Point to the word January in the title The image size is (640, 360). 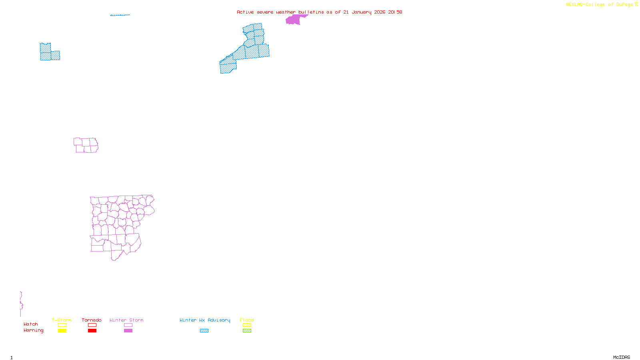361,12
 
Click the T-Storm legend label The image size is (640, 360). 62,320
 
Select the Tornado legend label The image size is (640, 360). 92,320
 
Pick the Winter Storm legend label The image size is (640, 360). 126,320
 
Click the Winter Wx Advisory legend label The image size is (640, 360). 205,320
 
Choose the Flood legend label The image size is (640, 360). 247,320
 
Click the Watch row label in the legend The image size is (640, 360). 31,324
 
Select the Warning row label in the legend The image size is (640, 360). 34,330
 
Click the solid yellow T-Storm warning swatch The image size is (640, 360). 62,331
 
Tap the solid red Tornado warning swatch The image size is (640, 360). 92,331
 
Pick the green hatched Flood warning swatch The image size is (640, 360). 247,331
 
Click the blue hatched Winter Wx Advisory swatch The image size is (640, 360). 204,331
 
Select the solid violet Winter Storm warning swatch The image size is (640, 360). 128,331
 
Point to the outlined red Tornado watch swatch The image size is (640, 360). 92,325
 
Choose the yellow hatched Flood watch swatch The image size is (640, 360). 247,325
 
